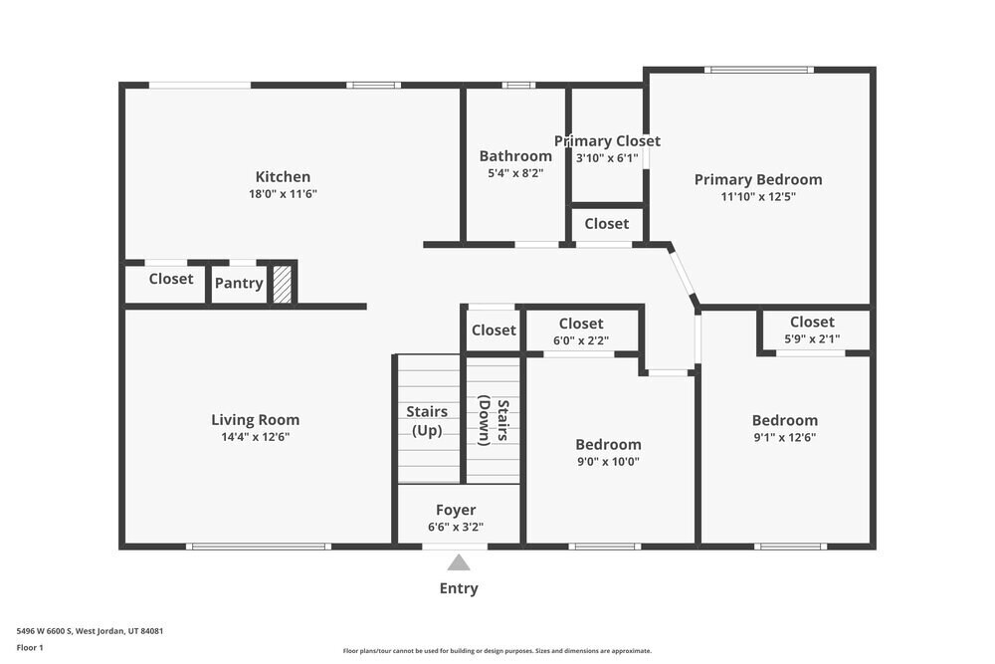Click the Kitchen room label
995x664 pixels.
click(283, 176)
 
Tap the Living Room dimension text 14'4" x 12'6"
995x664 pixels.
click(256, 436)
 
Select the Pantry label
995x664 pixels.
click(239, 283)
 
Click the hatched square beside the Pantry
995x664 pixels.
click(283, 283)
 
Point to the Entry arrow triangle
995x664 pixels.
click(459, 562)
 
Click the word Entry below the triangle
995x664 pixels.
click(459, 588)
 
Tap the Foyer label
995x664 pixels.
click(456, 510)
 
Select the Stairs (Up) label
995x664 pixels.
click(427, 420)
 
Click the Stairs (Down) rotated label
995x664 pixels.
click(494, 421)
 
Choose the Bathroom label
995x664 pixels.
click(515, 156)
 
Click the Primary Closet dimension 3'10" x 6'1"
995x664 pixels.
click(607, 157)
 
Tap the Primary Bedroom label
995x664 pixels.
click(758, 179)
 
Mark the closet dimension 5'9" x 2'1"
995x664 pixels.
click(812, 338)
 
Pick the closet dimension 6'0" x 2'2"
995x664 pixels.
click(581, 340)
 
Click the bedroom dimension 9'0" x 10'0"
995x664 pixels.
click(608, 461)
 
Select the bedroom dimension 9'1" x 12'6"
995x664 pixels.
click(784, 437)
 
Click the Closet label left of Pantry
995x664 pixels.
click(171, 279)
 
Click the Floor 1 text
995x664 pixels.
click(31, 647)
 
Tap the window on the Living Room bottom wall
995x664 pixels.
click(259, 546)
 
